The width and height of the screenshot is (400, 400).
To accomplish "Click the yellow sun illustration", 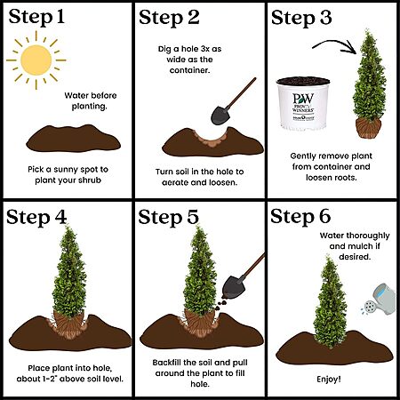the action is pyautogui.click(x=36, y=60).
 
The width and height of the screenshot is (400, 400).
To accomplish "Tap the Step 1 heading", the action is pyautogui.click(x=36, y=18).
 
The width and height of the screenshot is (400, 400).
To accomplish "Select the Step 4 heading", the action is pyautogui.click(x=36, y=218).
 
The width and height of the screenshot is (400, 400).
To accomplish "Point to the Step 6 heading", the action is pyautogui.click(x=300, y=217).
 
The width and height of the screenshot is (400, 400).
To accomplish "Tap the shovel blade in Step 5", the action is pyautogui.click(x=233, y=287).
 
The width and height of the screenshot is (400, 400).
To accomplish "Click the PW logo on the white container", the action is pyautogui.click(x=303, y=99).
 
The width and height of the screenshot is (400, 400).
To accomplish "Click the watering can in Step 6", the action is pyautogui.click(x=380, y=300).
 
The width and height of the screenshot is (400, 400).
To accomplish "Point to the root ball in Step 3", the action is pyautogui.click(x=369, y=128).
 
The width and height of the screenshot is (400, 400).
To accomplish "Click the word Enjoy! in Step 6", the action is pyautogui.click(x=329, y=380).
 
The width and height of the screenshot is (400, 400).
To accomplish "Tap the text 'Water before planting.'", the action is pyautogui.click(x=90, y=100).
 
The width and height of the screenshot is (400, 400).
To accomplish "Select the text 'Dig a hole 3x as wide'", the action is pyautogui.click(x=189, y=54).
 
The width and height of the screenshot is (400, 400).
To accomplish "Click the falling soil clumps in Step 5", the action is pyautogui.click(x=221, y=305).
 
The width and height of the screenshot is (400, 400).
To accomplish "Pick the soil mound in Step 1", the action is pyautogui.click(x=73, y=139).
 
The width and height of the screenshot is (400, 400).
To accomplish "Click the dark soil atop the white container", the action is pyautogui.click(x=303, y=81).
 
